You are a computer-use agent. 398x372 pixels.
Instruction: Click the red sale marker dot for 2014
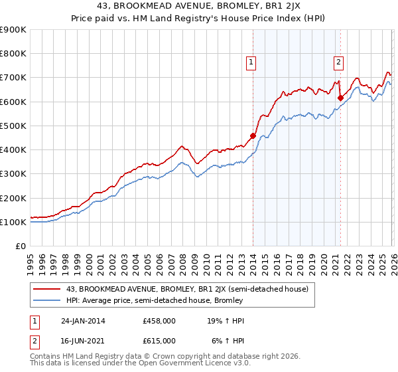click(x=253, y=136)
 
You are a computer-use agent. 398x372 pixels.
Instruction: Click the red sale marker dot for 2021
click(x=340, y=98)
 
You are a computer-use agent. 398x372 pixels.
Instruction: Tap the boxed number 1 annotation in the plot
click(x=252, y=63)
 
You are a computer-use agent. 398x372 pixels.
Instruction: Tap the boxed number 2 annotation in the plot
click(x=339, y=63)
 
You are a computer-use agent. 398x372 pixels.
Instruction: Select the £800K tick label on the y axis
click(x=13, y=54)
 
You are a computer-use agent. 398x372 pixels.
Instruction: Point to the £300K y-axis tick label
click(x=13, y=174)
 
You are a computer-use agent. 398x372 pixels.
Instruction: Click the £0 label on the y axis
click(x=20, y=246)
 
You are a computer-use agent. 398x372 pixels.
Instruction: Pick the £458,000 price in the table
click(x=159, y=320)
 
